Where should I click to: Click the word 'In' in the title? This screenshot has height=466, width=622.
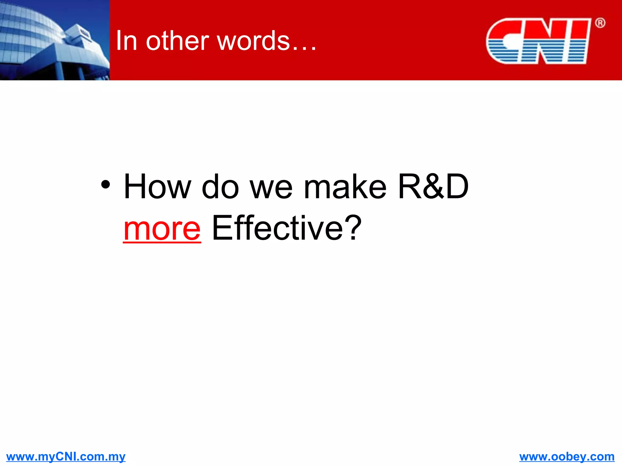(x=126, y=41)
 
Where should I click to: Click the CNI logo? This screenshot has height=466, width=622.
(x=539, y=41)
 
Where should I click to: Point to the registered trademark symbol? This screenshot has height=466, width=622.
(x=600, y=23)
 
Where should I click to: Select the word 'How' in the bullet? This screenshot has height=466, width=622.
(x=158, y=187)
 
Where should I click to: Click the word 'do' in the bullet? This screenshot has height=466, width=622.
(x=220, y=187)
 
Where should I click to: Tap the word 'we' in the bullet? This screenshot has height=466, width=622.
(x=271, y=190)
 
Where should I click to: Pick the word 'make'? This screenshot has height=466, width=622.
(x=345, y=187)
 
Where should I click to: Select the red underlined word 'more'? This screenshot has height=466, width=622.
(x=162, y=229)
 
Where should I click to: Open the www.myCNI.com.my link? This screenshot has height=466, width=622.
(x=66, y=456)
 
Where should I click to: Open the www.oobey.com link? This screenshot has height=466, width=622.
(x=567, y=456)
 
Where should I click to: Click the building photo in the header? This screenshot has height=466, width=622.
(x=55, y=40)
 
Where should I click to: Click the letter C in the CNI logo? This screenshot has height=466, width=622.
(x=506, y=41)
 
